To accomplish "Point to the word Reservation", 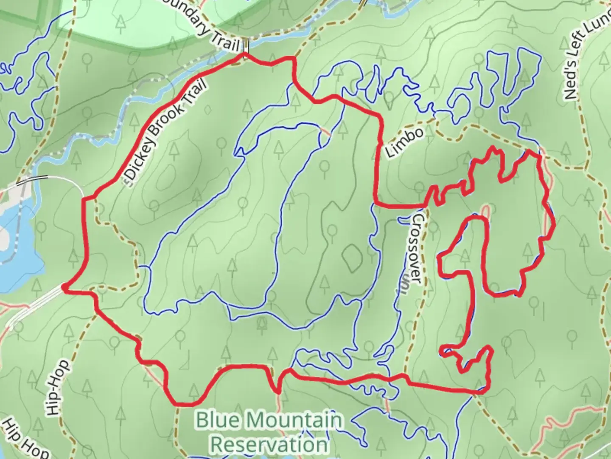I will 269,445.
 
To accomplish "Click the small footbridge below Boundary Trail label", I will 246,44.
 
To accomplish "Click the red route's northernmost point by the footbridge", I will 244,54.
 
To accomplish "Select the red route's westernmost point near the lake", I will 64,288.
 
